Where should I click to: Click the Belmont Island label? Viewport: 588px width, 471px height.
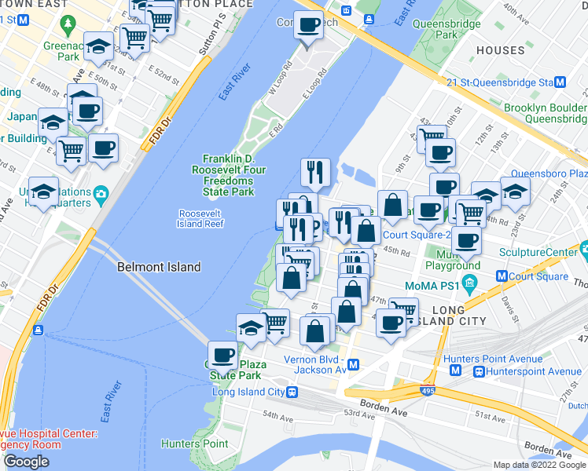coord(159,267)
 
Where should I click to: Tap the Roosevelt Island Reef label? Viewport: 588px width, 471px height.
coord(202,218)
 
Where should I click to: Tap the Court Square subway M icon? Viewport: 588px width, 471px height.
coord(501,276)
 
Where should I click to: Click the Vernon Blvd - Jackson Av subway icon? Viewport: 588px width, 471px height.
coord(354,364)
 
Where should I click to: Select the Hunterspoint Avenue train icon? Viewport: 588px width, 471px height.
coord(478,371)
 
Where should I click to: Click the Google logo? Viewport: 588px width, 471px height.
coord(26,462)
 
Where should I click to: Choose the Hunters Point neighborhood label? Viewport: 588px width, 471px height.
coord(195,444)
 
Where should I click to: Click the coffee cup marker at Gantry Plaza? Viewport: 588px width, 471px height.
coord(222,356)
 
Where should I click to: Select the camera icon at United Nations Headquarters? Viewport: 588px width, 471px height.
coord(101,193)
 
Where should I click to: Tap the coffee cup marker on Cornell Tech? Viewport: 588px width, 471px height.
coord(308,26)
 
